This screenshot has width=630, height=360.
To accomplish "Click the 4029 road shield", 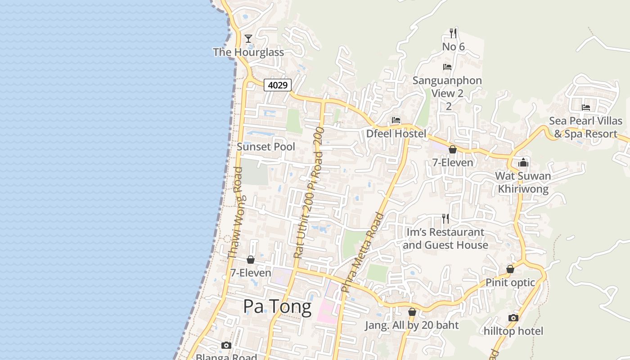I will click(x=278, y=85).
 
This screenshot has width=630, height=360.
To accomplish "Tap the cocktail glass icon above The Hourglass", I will click(x=248, y=38).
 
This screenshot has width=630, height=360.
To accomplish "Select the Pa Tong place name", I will click(x=277, y=307).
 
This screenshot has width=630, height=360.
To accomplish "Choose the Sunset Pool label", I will click(x=266, y=147).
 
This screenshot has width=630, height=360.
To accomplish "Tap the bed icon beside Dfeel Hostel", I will click(x=396, y=120).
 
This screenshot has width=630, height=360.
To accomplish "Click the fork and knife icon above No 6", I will click(x=453, y=33).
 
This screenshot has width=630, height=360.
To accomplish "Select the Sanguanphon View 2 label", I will click(x=447, y=87).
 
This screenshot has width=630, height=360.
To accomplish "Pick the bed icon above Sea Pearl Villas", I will click(x=586, y=108).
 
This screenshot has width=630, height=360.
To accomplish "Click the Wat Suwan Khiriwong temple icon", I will click(x=523, y=162).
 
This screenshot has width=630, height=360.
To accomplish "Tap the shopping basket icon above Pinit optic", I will click(x=510, y=269).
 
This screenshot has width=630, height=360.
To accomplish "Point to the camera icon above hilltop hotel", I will click(x=513, y=318).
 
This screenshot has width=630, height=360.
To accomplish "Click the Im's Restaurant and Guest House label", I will click(x=445, y=238).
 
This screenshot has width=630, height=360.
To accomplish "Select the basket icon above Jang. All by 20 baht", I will click(x=412, y=312).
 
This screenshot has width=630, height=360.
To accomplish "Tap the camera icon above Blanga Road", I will click(x=226, y=345).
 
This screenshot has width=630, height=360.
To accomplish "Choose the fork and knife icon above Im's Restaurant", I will click(x=445, y=219).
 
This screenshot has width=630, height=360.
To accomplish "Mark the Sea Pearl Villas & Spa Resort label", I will click(x=586, y=127).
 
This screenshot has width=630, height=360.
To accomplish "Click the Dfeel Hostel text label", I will click(x=396, y=134).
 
